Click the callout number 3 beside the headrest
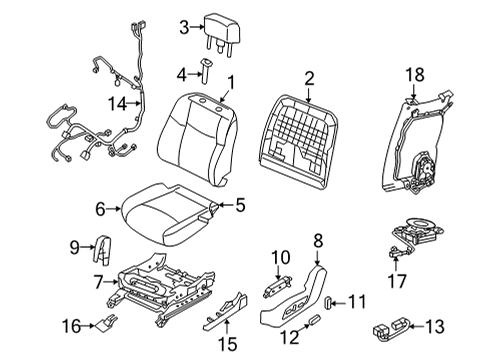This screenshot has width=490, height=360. [x=184, y=27]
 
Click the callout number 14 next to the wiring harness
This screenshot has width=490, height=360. [x=118, y=104]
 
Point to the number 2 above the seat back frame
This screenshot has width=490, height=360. [x=309, y=79]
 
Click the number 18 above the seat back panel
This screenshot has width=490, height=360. [x=415, y=75]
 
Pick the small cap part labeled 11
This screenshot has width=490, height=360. [x=328, y=303]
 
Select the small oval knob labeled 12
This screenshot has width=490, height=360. [x=314, y=320]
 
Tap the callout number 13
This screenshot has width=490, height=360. [x=435, y=326]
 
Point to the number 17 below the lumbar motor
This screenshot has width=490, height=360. [x=397, y=281]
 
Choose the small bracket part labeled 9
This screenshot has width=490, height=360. [x=103, y=250]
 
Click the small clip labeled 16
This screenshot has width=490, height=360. [x=107, y=323]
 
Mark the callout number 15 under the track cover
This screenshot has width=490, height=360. [x=228, y=344]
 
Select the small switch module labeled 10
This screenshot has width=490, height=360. [x=278, y=286]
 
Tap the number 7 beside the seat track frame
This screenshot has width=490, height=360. [x=98, y=283]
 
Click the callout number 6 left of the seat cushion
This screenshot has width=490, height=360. [x=100, y=209]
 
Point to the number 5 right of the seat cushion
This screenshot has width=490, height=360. [x=240, y=205]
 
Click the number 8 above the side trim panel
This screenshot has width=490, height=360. [x=318, y=240]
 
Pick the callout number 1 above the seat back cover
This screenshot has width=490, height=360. [x=231, y=82]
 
